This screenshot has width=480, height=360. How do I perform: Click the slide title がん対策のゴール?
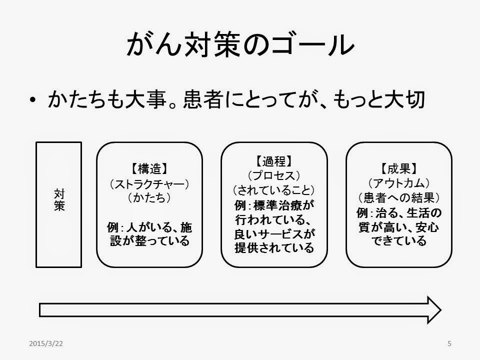(239, 46)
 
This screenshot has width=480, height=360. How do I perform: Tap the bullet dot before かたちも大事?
(32, 101)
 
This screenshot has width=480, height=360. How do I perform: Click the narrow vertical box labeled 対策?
(59, 204)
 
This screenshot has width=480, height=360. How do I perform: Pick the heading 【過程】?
(274, 161)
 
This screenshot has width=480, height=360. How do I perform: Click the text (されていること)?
(274, 190)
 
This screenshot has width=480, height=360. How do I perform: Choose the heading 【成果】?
(398, 168)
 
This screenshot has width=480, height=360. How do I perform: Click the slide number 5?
(449, 343)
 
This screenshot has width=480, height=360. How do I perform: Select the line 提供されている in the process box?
(274, 248)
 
